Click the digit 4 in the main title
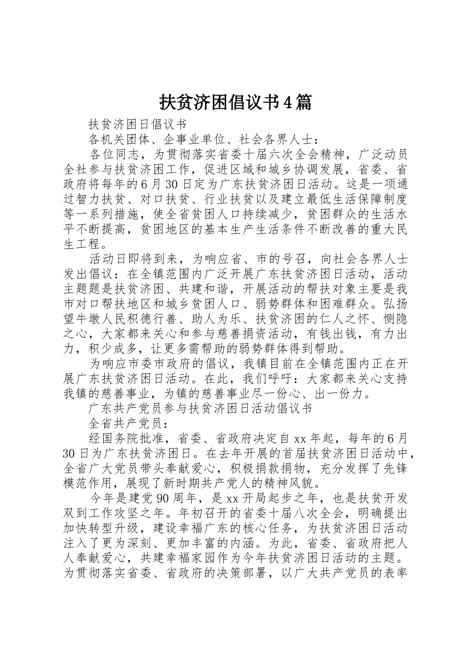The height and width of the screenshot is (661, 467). [289, 102]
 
